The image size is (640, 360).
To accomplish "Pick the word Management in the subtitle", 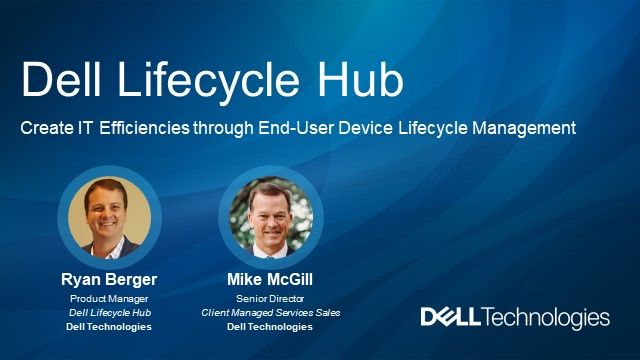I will coord(527,129).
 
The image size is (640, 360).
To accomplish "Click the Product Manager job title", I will coord(110,298).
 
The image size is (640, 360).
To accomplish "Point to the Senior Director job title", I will coord(271,298).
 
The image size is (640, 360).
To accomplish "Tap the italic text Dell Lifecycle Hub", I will coord(110,312).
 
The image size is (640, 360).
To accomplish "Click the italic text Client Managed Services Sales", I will coord(271,312).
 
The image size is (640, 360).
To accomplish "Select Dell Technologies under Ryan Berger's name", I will coord(110,326).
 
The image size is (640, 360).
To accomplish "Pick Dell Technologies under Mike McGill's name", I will coord(271,326).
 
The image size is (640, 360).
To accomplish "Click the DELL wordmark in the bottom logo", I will coord(451,318).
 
